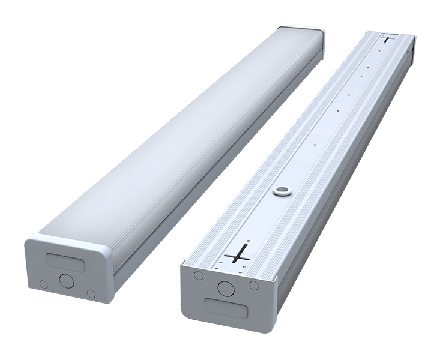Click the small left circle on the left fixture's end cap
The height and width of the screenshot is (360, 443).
[43, 283]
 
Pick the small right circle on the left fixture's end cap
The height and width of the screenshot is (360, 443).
[91, 293]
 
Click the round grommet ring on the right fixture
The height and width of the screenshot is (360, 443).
[280, 191]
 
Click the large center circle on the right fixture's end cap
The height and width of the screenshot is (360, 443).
[226, 288]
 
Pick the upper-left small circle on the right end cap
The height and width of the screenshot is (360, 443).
[198, 275]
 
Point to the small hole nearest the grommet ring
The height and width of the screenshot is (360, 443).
[315, 144]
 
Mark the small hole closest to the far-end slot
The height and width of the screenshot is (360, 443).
[379, 50]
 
